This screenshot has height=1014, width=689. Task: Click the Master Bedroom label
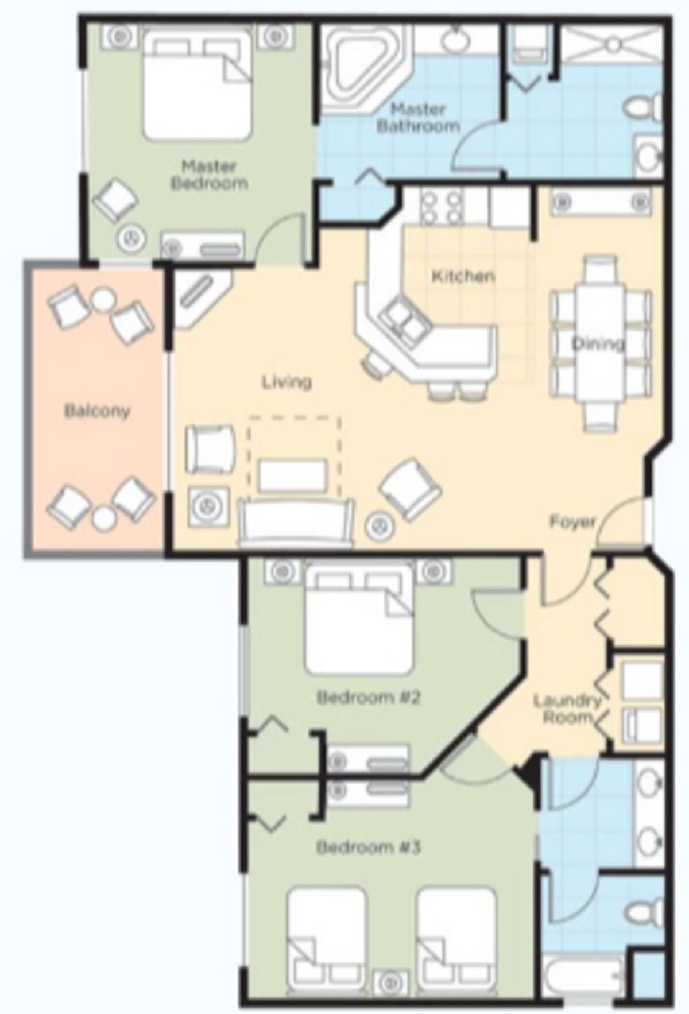point(209,175)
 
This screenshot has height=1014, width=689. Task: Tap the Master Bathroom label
point(419,117)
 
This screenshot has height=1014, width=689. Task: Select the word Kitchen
point(463,276)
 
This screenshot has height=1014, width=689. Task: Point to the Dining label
point(598,344)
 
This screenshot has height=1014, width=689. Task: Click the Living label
point(287,381)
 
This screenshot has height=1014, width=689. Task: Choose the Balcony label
point(97,411)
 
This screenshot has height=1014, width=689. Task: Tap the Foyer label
point(572,521)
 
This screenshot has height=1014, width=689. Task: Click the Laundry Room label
point(567,709)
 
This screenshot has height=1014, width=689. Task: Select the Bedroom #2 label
point(369,698)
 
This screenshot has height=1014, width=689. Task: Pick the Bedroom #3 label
point(369,847)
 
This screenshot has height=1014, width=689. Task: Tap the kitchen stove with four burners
point(440,207)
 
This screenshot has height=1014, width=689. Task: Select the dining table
point(600,343)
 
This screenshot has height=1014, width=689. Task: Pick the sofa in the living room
point(297,523)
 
